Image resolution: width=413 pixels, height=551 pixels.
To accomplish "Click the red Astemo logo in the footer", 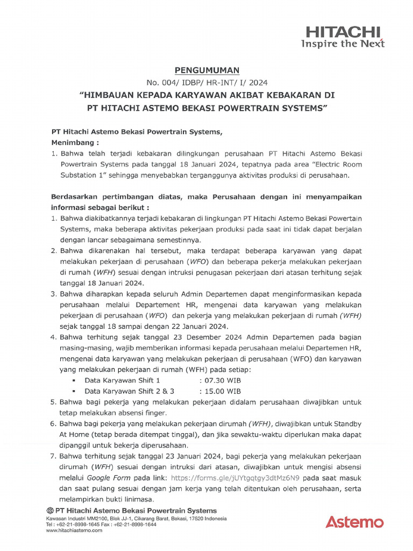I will [354, 521].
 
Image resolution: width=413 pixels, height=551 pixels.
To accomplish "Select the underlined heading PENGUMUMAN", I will [207, 70].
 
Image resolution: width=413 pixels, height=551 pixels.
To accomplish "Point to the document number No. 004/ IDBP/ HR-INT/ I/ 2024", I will [207, 83].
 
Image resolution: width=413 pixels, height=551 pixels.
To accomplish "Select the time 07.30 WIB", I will [220, 380].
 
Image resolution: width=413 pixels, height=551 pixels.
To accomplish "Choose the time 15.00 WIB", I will [220, 391].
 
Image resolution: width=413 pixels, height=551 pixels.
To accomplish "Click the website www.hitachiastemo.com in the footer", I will [74, 530].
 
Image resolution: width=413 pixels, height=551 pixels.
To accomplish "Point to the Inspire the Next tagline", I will [343, 44].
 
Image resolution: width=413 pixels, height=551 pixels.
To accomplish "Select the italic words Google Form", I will [105, 477].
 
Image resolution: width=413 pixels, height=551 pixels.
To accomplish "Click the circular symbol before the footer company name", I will [50, 510].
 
